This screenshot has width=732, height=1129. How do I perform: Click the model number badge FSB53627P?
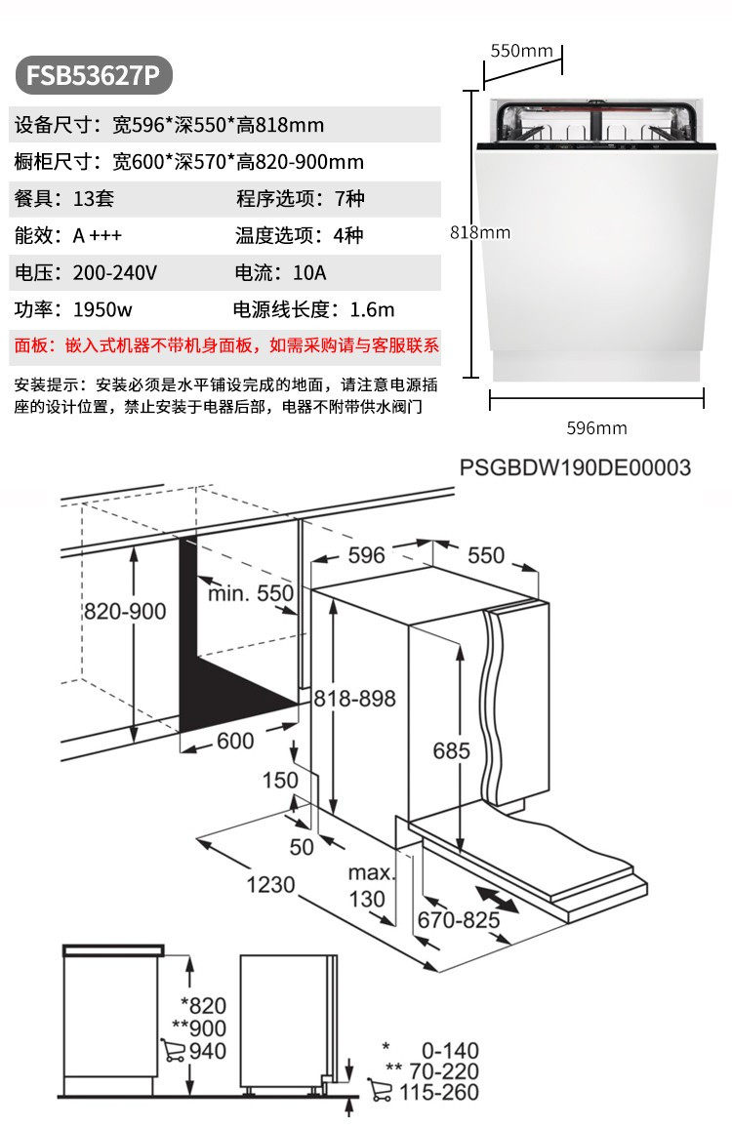click(94, 74)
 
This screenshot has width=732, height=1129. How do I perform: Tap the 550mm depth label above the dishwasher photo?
click(521, 50)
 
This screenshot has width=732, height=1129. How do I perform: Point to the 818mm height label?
click(480, 232)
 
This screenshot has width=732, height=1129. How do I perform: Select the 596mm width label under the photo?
click(596, 427)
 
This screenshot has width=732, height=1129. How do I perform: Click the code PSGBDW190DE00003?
click(575, 467)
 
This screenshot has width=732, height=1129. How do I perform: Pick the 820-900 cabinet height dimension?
click(124, 612)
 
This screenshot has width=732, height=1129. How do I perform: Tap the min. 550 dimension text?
click(250, 592)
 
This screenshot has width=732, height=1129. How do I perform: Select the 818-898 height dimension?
click(354, 698)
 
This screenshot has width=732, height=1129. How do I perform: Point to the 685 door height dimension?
click(452, 751)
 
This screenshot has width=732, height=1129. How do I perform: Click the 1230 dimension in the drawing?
click(270, 884)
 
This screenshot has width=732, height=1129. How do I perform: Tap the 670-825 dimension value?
click(459, 919)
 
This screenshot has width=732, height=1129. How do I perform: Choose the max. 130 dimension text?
click(370, 884)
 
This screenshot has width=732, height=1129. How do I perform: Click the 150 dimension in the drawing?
click(280, 780)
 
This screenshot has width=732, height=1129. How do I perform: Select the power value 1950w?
click(103, 309)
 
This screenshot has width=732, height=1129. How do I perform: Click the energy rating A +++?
click(98, 235)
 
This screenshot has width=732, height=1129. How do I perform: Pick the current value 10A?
click(306, 272)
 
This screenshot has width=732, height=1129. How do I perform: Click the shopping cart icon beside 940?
click(175, 1051)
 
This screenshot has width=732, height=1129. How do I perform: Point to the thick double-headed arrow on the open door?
click(498, 900)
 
